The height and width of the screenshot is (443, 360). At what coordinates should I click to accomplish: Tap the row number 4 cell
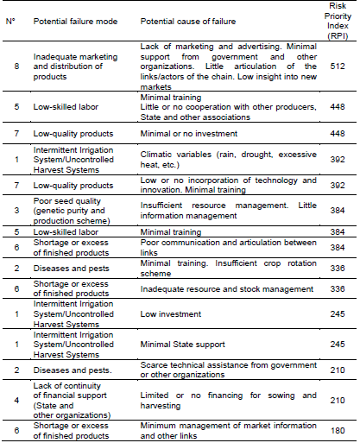coord(11,400)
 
